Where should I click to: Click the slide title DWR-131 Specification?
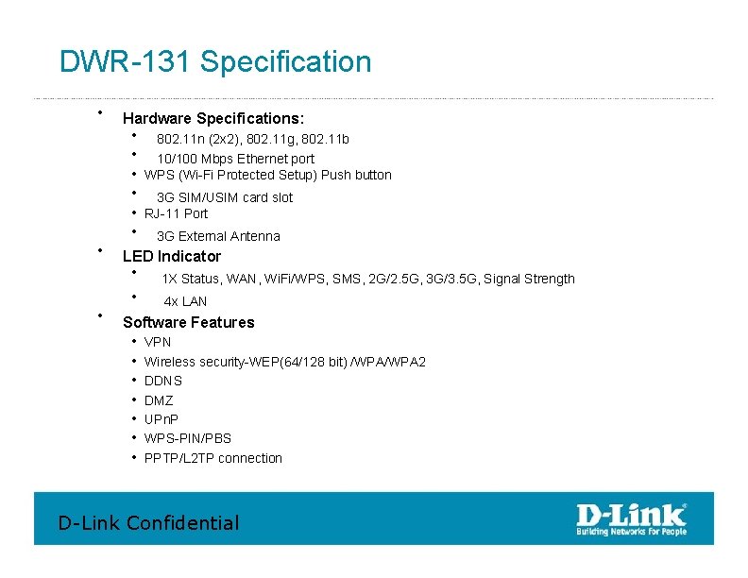click(215, 62)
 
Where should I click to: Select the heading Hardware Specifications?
click(213, 119)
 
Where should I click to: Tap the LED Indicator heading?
click(172, 257)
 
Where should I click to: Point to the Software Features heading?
click(189, 323)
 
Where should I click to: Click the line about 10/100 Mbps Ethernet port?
click(235, 159)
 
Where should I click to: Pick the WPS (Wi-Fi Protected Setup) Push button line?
click(267, 175)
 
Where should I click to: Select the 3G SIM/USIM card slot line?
click(225, 197)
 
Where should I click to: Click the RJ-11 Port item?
click(176, 213)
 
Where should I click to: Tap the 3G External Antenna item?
click(218, 236)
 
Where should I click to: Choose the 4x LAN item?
click(185, 301)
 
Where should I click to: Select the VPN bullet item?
click(158, 342)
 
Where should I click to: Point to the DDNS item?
click(163, 381)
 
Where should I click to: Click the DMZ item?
click(159, 400)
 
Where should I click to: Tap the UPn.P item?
click(161, 419)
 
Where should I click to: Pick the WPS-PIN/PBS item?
click(187, 438)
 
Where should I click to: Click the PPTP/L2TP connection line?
click(212, 458)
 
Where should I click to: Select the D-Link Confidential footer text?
click(149, 522)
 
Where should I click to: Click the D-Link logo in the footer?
click(632, 518)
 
